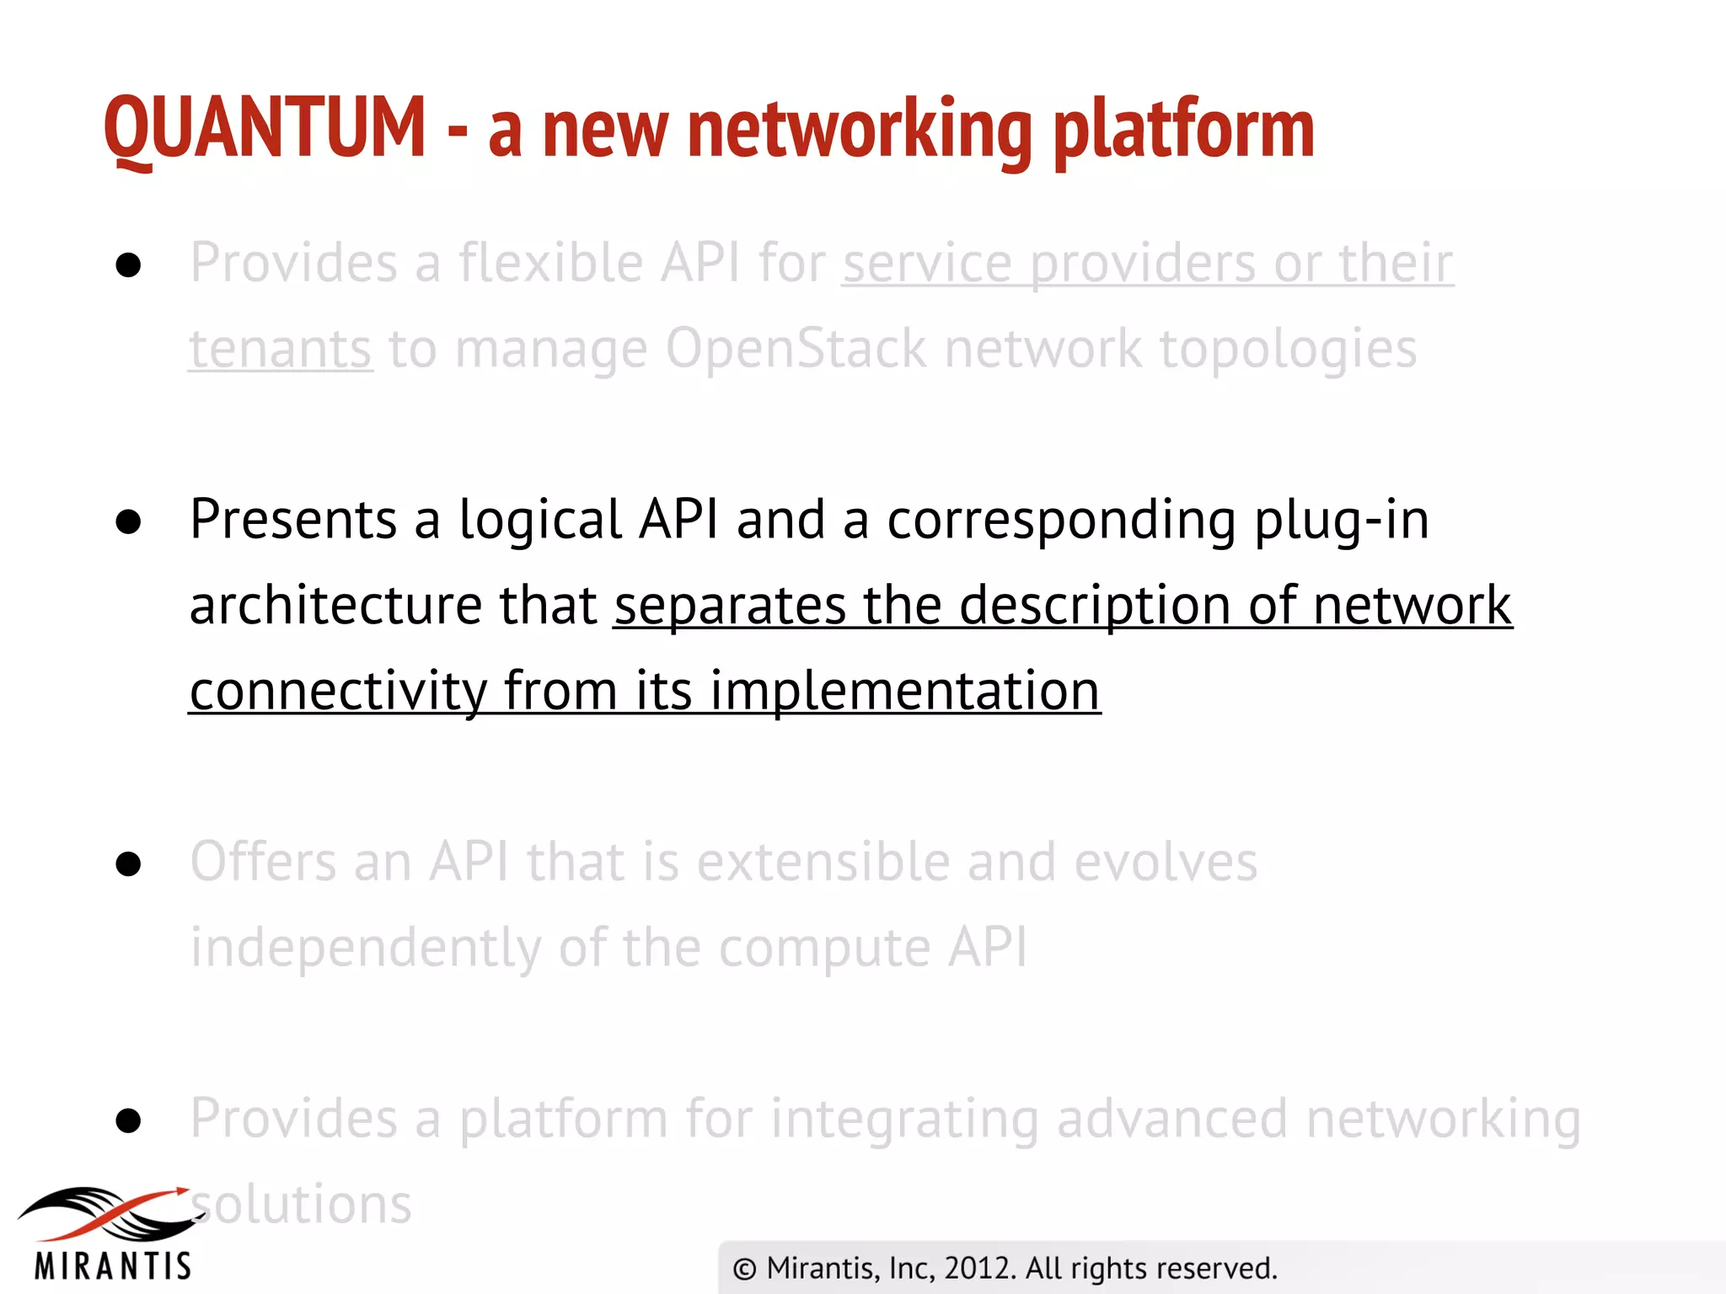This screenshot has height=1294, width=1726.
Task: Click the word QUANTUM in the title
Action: pos(265,128)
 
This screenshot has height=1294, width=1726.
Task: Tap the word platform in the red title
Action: pos(1183,130)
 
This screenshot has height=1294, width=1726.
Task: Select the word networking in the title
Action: pos(860,130)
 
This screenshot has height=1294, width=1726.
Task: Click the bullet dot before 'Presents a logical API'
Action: pos(128,522)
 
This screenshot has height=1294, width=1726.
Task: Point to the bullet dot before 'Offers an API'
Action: pos(128,864)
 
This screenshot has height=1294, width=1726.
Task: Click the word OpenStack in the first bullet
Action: pos(796,349)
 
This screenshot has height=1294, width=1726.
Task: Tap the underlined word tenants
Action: pos(280,350)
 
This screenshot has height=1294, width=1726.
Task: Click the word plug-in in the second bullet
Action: pos(1342,521)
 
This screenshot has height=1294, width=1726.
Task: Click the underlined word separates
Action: pos(730,607)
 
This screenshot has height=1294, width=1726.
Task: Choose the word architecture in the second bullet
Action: pos(336,606)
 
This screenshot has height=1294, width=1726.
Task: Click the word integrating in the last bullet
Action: pos(904,1120)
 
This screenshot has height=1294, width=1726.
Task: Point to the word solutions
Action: pos(303,1205)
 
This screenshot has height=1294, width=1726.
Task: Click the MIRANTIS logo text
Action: pos(113,1266)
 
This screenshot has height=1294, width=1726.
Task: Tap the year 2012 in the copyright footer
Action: pos(978,1269)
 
